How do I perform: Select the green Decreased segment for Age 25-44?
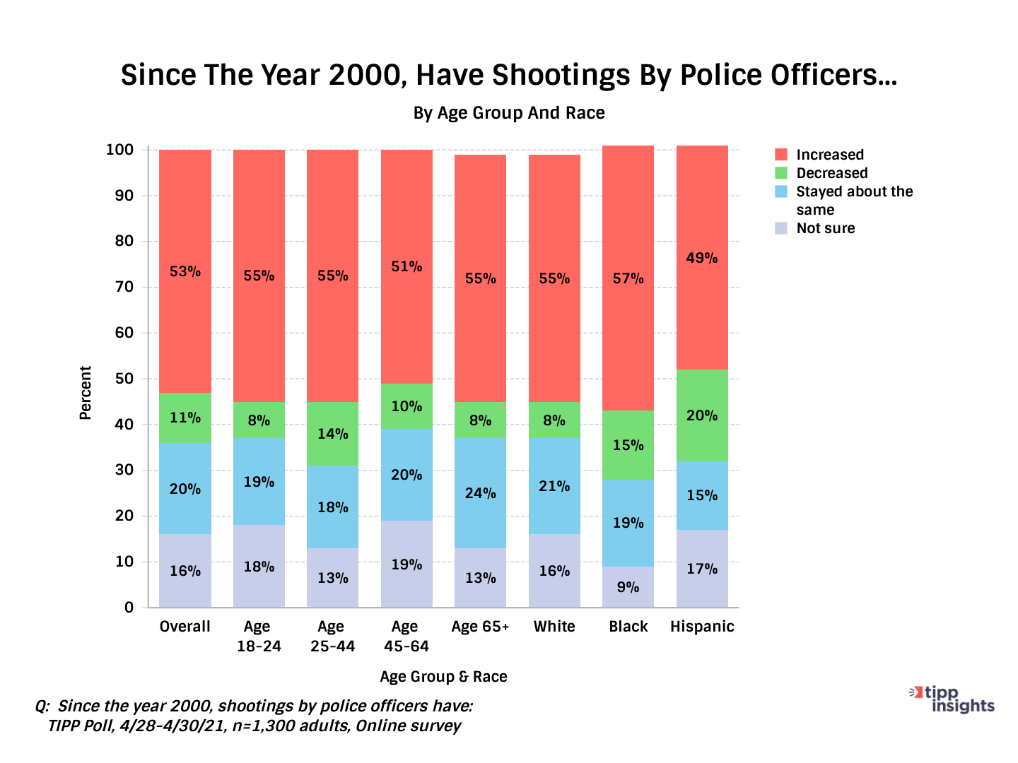[x=332, y=434]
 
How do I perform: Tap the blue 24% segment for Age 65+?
[x=480, y=493]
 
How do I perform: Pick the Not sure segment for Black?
[x=628, y=587]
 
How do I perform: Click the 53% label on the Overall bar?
[x=185, y=271]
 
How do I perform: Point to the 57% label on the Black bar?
[x=628, y=279]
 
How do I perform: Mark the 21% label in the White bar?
[x=554, y=486]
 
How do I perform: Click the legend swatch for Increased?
[x=781, y=155]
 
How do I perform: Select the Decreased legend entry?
[x=831, y=173]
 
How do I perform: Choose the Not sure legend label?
[x=825, y=228]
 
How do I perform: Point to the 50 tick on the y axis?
[x=124, y=379]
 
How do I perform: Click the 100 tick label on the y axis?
[x=119, y=150]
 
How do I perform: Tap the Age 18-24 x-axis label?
[x=259, y=636]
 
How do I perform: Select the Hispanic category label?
[x=702, y=627]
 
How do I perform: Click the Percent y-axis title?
[x=86, y=393]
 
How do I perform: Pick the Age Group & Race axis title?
[x=443, y=677]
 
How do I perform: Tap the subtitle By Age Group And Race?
[x=509, y=113]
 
